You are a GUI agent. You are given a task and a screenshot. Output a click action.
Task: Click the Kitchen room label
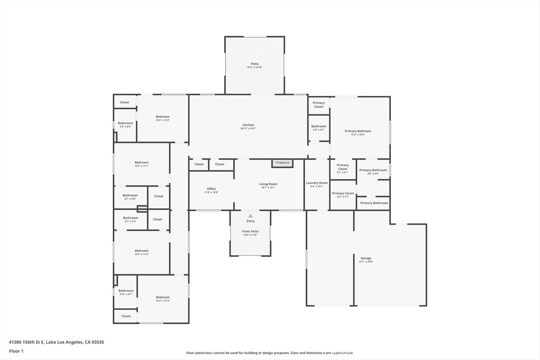click(248, 125)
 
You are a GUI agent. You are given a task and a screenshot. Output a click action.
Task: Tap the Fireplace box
click(282, 163)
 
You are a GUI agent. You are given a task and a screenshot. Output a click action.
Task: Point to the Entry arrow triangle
click(250, 216)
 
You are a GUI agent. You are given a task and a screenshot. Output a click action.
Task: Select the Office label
click(211, 189)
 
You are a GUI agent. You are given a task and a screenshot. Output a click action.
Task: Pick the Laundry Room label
click(317, 183)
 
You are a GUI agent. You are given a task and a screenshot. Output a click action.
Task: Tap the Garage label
click(366, 259)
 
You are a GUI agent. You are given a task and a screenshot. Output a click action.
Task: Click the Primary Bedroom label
click(358, 132)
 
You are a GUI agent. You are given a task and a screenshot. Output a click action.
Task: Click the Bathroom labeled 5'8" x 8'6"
click(126, 124)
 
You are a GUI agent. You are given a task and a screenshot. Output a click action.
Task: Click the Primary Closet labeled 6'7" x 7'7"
click(343, 194)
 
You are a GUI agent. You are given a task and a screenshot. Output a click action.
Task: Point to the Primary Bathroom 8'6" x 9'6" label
click(373, 171)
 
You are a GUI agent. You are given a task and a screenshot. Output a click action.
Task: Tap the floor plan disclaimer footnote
click(269, 353)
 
